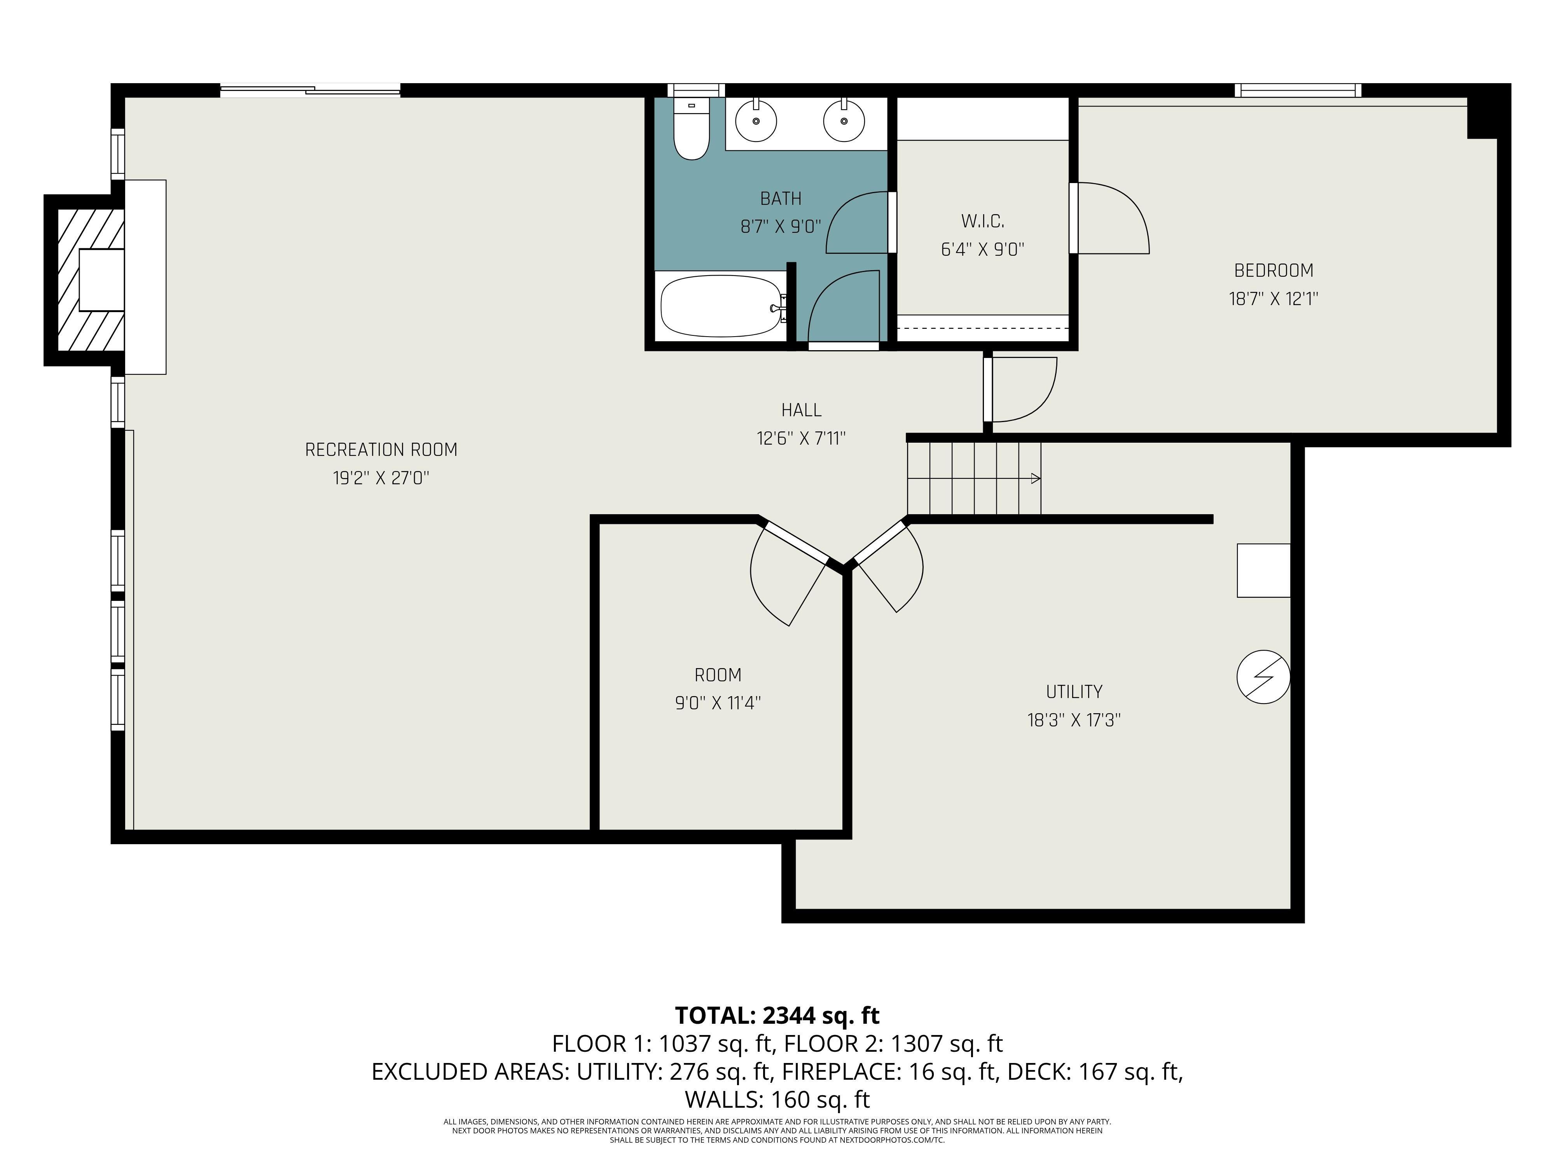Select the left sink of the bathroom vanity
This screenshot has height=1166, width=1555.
pos(756,121)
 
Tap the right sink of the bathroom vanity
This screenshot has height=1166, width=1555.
pos(844,121)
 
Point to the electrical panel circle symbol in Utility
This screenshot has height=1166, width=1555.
pos(1263,677)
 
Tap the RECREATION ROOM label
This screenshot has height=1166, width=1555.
pos(381,450)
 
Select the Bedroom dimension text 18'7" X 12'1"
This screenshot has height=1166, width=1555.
pos(1273,299)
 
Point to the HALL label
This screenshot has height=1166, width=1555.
pos(801,410)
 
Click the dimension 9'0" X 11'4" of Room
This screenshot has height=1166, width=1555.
pos(718,703)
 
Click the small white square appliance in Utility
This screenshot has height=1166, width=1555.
pos(1263,571)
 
